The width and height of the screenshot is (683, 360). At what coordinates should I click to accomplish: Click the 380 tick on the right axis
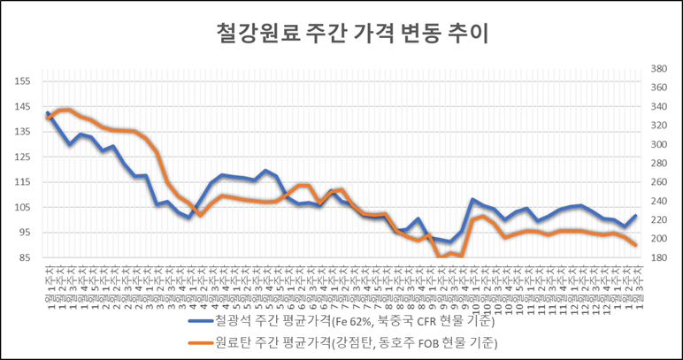pos(659,68)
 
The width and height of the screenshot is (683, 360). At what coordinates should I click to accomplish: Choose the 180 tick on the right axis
pos(659,258)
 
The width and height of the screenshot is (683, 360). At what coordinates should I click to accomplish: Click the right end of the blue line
pos(635,216)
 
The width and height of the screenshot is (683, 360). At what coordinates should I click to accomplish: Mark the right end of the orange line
pos(635,245)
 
